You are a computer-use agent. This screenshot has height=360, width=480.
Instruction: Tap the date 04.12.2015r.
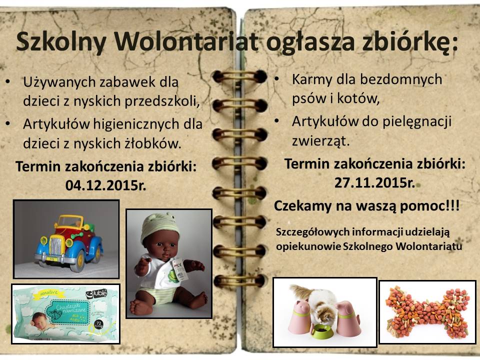pos(105,185)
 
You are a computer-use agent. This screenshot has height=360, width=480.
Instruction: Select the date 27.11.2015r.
pos(374,183)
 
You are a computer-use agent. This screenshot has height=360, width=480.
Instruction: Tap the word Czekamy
pos(302,206)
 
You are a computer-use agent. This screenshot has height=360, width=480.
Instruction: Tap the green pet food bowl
pos(321,331)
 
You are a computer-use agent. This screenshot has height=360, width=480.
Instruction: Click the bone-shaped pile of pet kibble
pos(427,312)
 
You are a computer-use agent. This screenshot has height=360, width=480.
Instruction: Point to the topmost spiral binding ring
pos(239,76)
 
